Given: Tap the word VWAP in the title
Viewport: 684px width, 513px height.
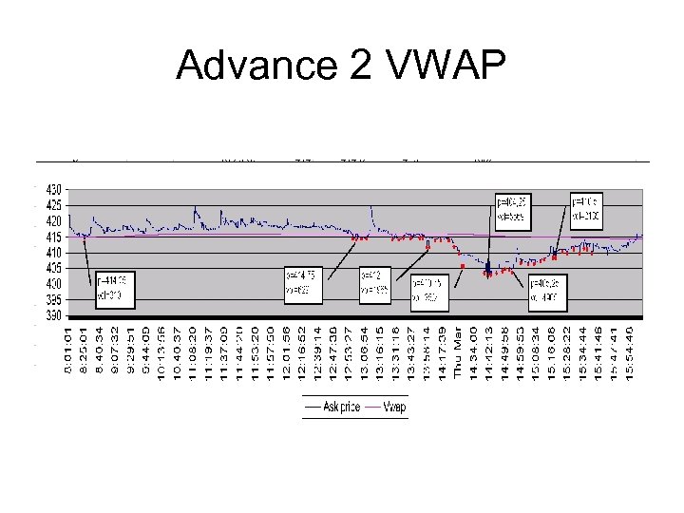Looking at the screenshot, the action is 446,66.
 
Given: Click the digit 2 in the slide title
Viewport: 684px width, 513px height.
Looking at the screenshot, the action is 353,66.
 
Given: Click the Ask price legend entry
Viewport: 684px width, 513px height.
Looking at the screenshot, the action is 332,407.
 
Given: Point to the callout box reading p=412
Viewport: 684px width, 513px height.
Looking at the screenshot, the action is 375,284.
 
